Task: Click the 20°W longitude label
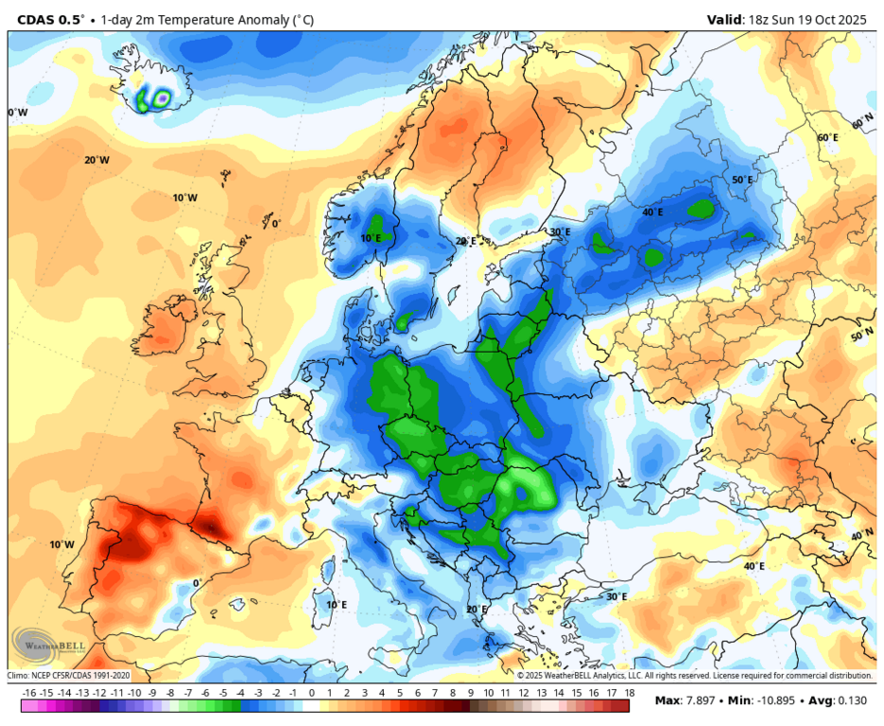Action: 96,160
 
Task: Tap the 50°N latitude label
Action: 861,336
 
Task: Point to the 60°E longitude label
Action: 827,138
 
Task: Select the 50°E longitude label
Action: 742,180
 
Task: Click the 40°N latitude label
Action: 861,535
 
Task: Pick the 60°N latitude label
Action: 862,124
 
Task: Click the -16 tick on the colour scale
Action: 28,693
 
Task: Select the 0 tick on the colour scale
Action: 311,693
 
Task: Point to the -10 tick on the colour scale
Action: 134,693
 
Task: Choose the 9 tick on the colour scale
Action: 470,693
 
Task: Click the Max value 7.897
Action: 694,700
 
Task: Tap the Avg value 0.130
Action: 853,700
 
